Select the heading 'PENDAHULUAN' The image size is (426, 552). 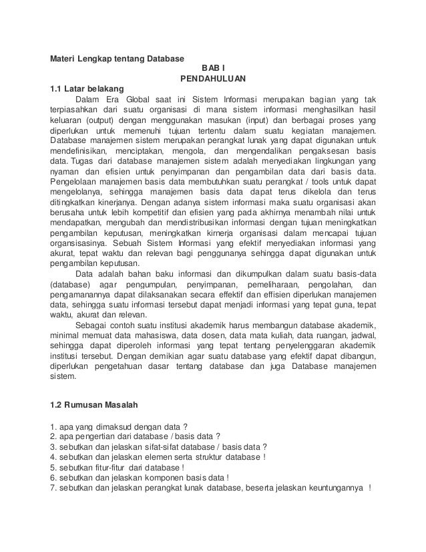click(213, 79)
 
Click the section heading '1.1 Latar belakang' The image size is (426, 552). click(87, 90)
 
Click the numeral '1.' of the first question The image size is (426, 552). click(54, 426)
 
